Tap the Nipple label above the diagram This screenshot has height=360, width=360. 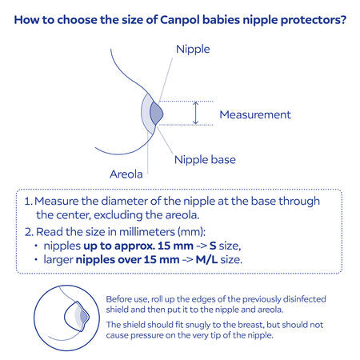click(192, 50)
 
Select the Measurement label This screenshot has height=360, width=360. click(254, 114)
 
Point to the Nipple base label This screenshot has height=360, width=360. click(205, 159)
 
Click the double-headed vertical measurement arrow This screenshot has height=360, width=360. click(194, 114)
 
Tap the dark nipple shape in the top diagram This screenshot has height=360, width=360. click(156, 114)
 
